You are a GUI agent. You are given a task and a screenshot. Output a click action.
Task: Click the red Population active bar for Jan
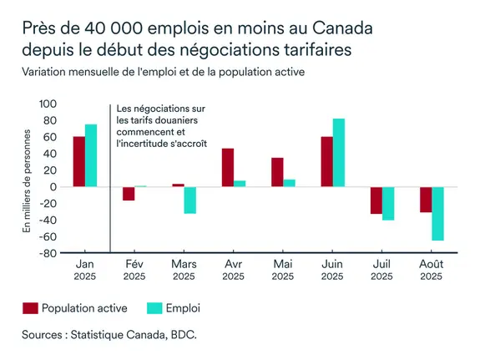pyautogui.click(x=78, y=161)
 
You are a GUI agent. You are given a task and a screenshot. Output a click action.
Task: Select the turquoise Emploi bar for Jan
pyautogui.click(x=91, y=155)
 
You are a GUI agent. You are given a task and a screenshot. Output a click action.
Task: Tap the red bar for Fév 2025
pyautogui.click(x=129, y=194)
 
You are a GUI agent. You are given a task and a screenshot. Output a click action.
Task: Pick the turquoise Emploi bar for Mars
pyautogui.click(x=190, y=200)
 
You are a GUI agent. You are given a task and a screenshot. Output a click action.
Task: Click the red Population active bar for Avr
pyautogui.click(x=227, y=168)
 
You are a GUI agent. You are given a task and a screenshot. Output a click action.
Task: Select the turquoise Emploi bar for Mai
pyautogui.click(x=289, y=183)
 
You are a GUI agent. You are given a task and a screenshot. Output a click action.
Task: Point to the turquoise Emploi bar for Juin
pyautogui.click(x=338, y=153)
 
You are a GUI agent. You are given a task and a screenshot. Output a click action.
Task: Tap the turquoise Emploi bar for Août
pyautogui.click(x=437, y=214)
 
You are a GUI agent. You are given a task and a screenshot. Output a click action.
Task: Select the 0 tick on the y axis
pyautogui.click(x=51, y=187)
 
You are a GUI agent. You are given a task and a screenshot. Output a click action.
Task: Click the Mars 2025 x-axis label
pyautogui.click(x=184, y=270)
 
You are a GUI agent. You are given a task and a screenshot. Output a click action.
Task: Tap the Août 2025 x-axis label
pyautogui.click(x=432, y=270)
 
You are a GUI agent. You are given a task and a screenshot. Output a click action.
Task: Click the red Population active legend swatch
pyautogui.click(x=32, y=308)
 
